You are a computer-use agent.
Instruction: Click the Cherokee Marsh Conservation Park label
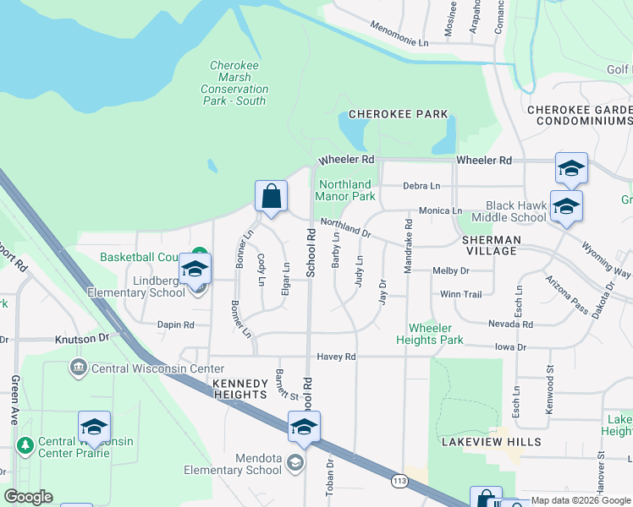click(234, 83)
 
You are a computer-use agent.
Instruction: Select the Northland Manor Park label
click(344, 190)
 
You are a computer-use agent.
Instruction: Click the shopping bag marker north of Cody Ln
click(271, 196)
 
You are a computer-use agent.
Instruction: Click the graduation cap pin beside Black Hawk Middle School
click(565, 205)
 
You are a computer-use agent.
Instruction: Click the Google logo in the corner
click(28, 497)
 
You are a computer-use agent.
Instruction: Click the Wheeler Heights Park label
click(436, 334)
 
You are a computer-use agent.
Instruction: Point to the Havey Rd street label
click(336, 357)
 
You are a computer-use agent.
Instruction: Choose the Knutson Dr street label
click(83, 337)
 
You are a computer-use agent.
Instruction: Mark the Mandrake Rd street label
click(409, 245)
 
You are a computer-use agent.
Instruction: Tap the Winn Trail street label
click(460, 294)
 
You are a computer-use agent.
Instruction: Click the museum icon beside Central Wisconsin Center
click(78, 368)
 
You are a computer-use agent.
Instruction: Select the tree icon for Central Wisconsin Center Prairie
click(25, 444)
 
